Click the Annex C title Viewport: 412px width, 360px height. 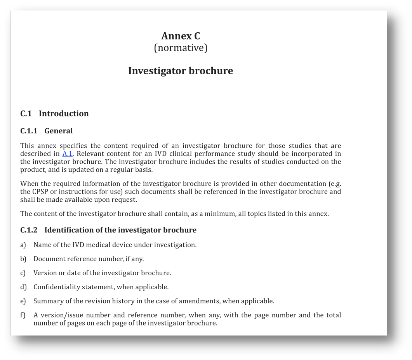[x=181, y=36]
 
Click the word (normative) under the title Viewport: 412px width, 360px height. [x=181, y=48]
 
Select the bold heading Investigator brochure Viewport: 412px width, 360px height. [x=181, y=71]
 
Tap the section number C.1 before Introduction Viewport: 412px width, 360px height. [x=26, y=114]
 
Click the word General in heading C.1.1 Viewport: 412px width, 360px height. [x=59, y=131]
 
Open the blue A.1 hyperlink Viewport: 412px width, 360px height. [x=67, y=154]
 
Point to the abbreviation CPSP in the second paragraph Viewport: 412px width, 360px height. [x=41, y=192]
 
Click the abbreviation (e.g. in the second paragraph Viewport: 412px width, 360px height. [x=335, y=183]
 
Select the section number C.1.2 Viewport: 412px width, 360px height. [x=29, y=230]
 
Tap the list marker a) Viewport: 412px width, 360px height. [x=23, y=245]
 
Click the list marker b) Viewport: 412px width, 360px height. [x=23, y=259]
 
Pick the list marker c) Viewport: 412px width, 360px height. [x=23, y=273]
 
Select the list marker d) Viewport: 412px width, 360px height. [x=23, y=287]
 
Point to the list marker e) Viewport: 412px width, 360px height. [x=23, y=301]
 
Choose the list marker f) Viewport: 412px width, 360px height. [x=23, y=315]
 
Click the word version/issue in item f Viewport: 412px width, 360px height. [x=61, y=315]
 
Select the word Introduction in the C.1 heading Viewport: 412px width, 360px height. [x=64, y=114]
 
